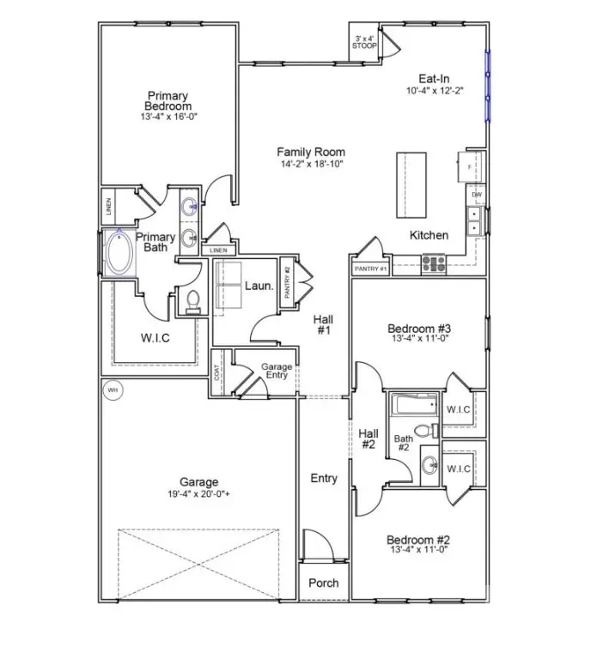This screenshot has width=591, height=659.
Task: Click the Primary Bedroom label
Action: click(168, 100)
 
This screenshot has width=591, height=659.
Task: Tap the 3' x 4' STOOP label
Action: click(363, 42)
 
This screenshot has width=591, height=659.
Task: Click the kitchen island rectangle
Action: click(411, 185)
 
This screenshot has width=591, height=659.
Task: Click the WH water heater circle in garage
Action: click(112, 391)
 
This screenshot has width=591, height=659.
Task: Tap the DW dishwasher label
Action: click(476, 196)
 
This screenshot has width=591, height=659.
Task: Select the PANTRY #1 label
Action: click(371, 269)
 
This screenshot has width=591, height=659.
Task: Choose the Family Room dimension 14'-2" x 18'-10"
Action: click(310, 164)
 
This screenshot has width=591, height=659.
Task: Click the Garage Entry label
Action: click(277, 372)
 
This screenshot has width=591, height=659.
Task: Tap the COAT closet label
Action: click(218, 373)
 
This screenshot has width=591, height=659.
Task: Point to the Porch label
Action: click(324, 583)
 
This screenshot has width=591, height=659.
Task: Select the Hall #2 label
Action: click(368, 438)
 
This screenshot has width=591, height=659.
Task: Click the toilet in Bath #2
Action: click(423, 432)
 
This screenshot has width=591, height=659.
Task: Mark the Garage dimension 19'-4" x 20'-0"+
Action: click(198, 494)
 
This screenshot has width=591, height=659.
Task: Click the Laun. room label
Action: click(259, 287)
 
